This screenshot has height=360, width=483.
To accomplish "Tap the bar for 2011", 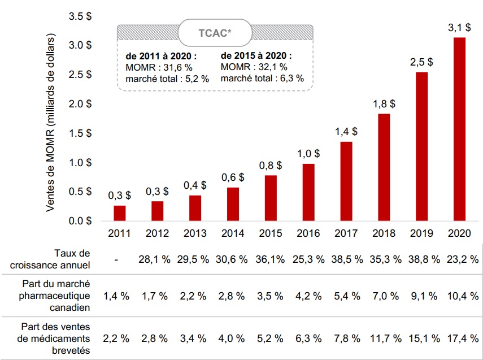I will (x=120, y=213).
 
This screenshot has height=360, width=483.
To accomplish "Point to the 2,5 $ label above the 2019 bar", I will (x=421, y=62).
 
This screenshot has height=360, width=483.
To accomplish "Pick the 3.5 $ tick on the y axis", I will (x=80, y=16).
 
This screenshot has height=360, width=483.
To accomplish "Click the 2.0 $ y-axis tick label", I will (x=80, y=104).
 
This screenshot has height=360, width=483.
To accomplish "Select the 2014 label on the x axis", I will (x=233, y=233).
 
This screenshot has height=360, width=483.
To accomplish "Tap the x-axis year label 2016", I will (x=308, y=233).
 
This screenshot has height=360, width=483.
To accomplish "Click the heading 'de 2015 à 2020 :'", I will (x=256, y=56).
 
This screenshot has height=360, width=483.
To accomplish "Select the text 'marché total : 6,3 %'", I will (x=262, y=79).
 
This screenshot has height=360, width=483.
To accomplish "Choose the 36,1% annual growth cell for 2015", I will (x=270, y=259).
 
